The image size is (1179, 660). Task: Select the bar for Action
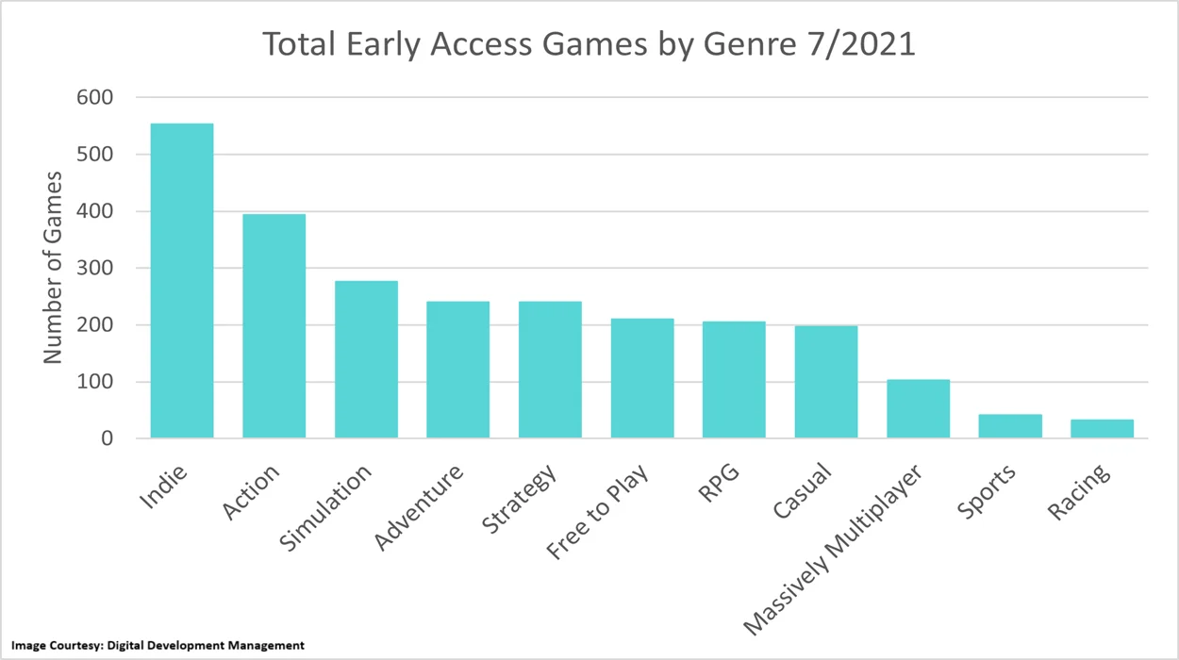274,326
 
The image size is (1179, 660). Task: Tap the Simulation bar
366,359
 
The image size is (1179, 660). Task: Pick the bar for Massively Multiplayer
918,409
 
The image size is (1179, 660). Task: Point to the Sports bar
1010,426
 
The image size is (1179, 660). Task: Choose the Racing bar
1102,429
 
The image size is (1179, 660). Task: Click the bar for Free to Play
642,378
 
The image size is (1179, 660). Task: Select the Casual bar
826,382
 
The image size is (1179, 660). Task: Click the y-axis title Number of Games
53,268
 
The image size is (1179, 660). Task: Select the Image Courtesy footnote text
158,645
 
